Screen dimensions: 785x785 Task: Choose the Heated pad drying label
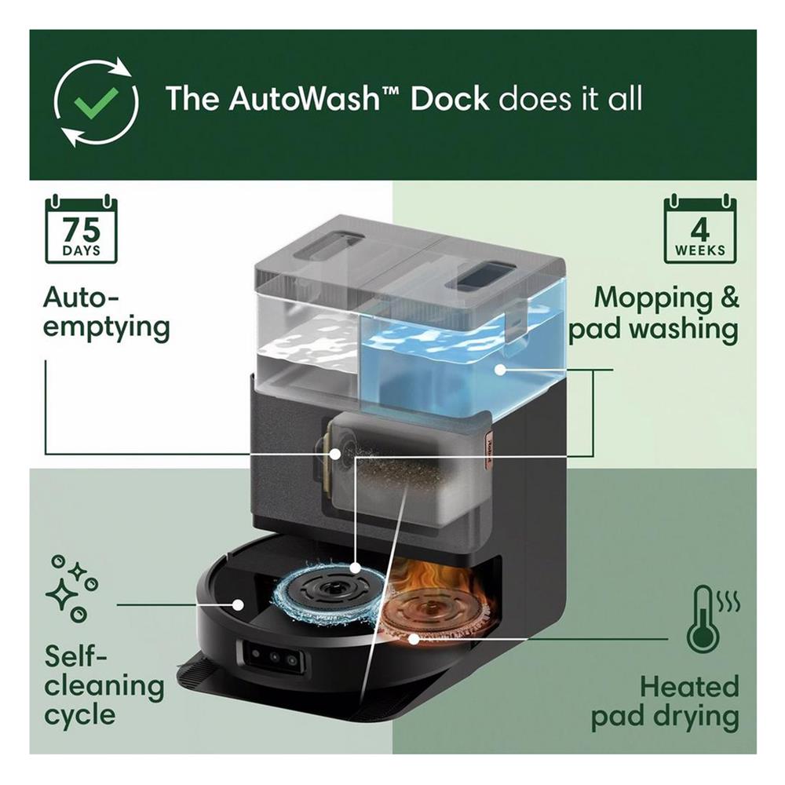(x=664, y=701)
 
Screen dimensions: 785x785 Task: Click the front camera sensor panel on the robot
(x=270, y=659)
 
